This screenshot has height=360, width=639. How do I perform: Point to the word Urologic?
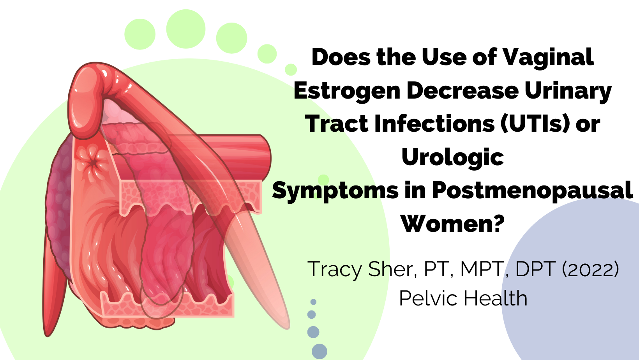coord(453,158)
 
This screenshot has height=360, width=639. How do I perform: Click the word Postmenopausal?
coord(532,191)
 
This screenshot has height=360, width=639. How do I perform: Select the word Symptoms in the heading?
coord(335,192)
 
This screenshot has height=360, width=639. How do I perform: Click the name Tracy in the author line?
coord(335,270)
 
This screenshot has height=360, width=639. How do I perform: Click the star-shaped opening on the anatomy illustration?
coord(93,163)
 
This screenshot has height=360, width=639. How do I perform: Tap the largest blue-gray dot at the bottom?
coord(319,351)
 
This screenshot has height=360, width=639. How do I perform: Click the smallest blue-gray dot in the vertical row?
coord(313,302)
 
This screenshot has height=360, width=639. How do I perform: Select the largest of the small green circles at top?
coord(186,29)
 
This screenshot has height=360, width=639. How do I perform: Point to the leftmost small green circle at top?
coord(140,34)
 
